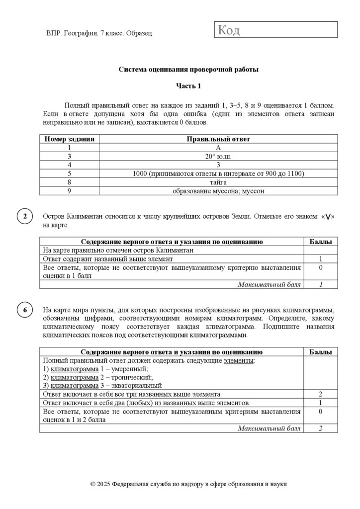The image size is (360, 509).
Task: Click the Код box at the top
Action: pos(276,30)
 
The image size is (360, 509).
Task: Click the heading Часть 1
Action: pos(188,86)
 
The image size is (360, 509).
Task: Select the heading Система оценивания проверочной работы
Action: pos(188,70)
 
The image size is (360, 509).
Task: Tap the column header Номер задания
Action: pos(69,139)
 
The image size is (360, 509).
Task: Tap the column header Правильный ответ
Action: pos(218,139)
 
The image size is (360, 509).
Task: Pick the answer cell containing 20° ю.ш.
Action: pos(218,156)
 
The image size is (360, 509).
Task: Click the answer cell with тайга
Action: pos(218,182)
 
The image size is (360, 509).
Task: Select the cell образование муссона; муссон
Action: pos(218,190)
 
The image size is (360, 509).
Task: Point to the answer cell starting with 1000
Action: pos(218,173)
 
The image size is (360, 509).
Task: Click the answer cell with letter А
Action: pos(218,148)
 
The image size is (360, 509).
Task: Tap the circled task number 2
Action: pos(25,217)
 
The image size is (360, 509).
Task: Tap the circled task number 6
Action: pos(25,310)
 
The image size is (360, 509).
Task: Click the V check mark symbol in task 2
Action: pos(328,217)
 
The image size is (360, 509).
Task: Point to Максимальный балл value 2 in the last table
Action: pos(321,428)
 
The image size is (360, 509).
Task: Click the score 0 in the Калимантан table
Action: pos(321,267)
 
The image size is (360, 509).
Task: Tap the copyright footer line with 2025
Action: pos(188,484)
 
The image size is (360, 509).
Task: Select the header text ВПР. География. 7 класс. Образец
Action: pos(98,33)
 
